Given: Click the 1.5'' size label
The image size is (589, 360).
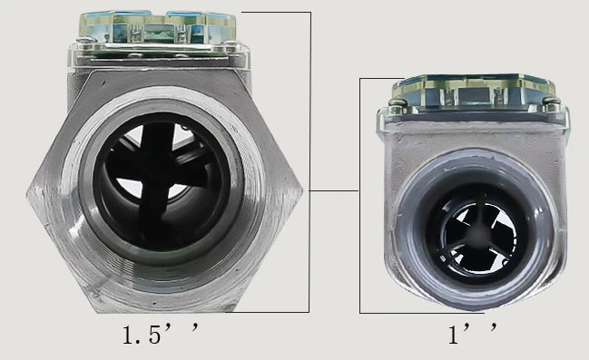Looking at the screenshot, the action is click(x=161, y=334).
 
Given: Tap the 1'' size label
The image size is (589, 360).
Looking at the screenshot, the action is click(x=473, y=334).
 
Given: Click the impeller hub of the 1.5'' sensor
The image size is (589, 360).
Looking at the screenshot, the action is click(x=157, y=180).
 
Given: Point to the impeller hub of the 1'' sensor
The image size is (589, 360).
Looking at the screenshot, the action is click(x=477, y=234).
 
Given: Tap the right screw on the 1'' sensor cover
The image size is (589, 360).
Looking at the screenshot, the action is click(x=552, y=102).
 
